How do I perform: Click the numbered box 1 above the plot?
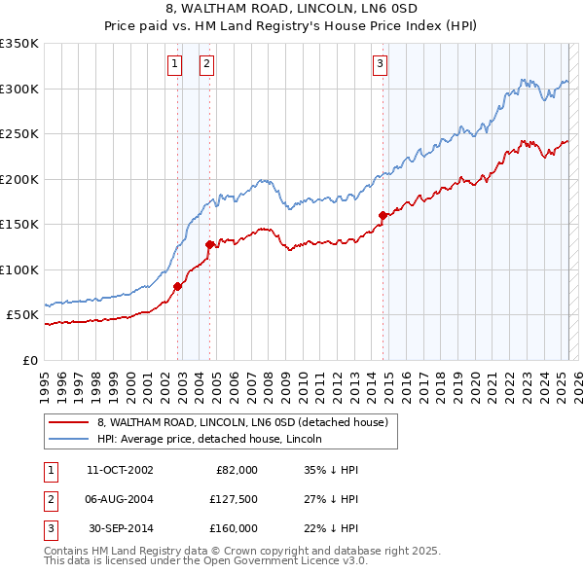pyautogui.click(x=174, y=65)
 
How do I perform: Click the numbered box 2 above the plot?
pyautogui.click(x=207, y=65)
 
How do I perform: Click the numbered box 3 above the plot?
pyautogui.click(x=379, y=65)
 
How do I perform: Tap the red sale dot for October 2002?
pyautogui.click(x=177, y=286)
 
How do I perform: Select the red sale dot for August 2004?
pyautogui.click(x=209, y=244)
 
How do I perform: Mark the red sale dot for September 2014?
pyautogui.click(x=383, y=215)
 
